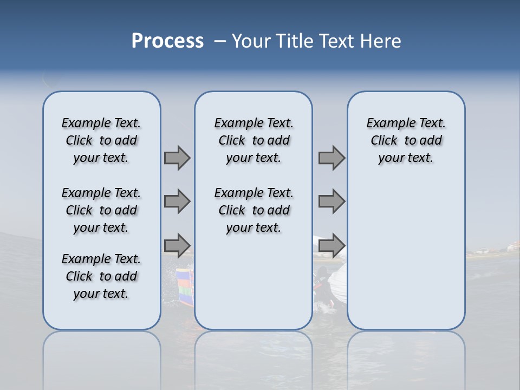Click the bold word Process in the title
tap(167, 41)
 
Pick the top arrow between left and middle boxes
tap(177, 158)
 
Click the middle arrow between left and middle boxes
tap(177, 201)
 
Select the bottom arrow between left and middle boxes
tap(177, 245)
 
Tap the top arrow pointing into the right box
tap(331, 158)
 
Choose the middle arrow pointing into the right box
tap(331, 201)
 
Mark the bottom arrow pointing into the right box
tap(331, 245)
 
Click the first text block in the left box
tap(101, 140)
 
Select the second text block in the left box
tap(101, 210)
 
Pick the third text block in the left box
tap(101, 276)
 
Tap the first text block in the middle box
tap(253, 140)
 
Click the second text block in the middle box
tap(253, 210)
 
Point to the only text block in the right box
tap(406, 140)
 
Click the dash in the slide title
tap(220, 41)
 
